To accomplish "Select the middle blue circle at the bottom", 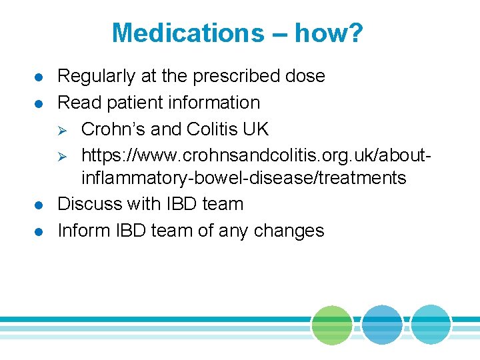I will (x=382, y=325).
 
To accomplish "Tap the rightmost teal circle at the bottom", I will (x=431, y=325).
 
